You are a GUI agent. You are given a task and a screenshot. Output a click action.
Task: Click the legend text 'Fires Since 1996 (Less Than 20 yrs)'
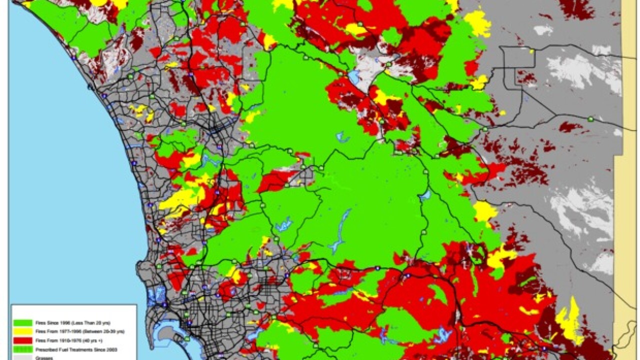(70, 323)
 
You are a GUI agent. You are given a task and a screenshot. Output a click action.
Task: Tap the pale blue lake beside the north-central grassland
(354, 76)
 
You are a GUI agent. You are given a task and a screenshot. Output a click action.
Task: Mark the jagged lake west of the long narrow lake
(283, 224)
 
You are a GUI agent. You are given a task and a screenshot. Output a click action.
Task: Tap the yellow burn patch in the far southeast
(570, 320)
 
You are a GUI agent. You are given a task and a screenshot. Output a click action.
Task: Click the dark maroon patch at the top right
(575, 7)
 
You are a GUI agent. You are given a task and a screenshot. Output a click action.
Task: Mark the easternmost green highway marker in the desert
(591, 119)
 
